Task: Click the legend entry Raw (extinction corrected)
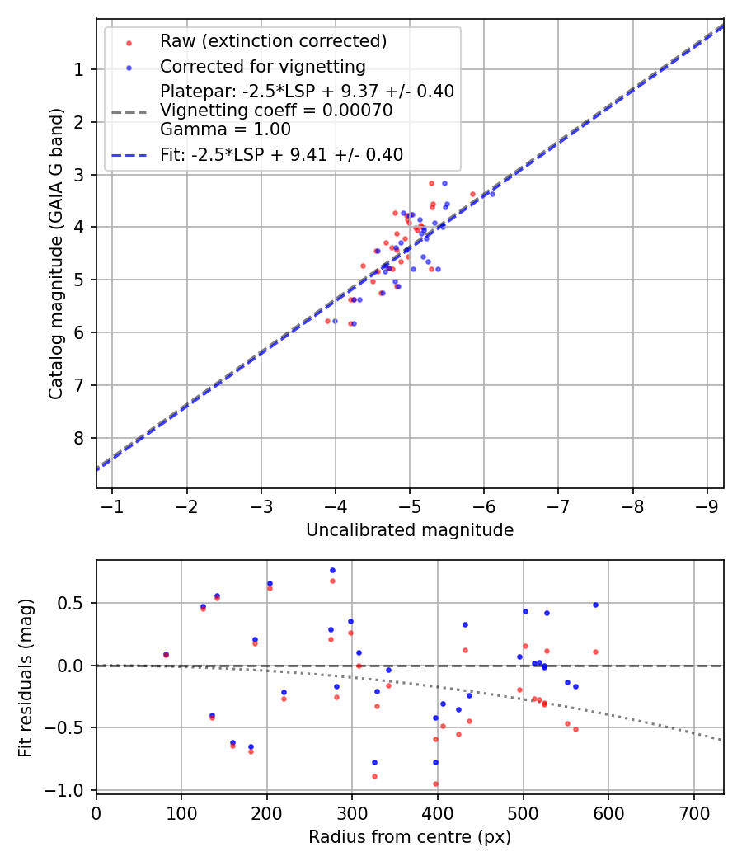[273, 41]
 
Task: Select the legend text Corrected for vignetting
[262, 66]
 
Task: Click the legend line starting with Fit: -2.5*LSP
[281, 154]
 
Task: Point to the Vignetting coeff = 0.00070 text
[276, 111]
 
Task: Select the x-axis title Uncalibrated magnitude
[410, 530]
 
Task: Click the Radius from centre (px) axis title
[410, 837]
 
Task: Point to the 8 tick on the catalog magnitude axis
[80, 438]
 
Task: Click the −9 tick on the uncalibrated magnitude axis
[707, 506]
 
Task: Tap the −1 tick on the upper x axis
[112, 506]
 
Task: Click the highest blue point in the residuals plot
[332, 570]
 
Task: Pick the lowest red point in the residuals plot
[435, 784]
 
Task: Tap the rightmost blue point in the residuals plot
[595, 605]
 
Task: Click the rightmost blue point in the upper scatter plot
[492, 194]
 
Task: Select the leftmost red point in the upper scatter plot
[327, 321]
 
